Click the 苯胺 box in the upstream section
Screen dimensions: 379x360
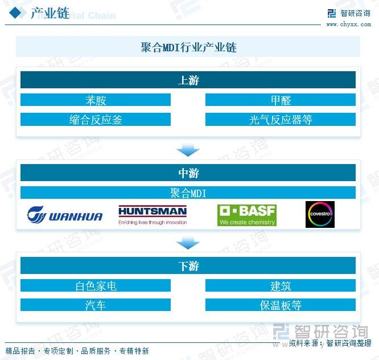(96, 100)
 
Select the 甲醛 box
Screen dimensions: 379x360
(281, 100)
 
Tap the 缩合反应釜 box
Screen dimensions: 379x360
(96, 119)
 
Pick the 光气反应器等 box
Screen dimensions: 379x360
(281, 119)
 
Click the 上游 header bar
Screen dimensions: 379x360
(188, 80)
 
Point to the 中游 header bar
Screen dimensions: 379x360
(188, 173)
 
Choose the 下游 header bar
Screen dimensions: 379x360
(188, 265)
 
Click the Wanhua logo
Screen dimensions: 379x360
(65, 215)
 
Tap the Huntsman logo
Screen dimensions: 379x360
(153, 215)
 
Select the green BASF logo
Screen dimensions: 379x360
(247, 215)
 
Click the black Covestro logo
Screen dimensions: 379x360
(320, 214)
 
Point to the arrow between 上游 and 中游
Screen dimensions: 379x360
(188, 149)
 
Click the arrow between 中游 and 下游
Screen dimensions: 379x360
(188, 243)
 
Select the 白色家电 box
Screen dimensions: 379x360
(96, 285)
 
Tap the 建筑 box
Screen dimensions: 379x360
(281, 285)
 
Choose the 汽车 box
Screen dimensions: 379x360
(96, 305)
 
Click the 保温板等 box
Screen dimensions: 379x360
(281, 305)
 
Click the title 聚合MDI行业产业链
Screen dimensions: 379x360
(188, 47)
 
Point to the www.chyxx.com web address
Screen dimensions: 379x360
(348, 24)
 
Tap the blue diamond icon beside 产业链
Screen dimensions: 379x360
(16, 13)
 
